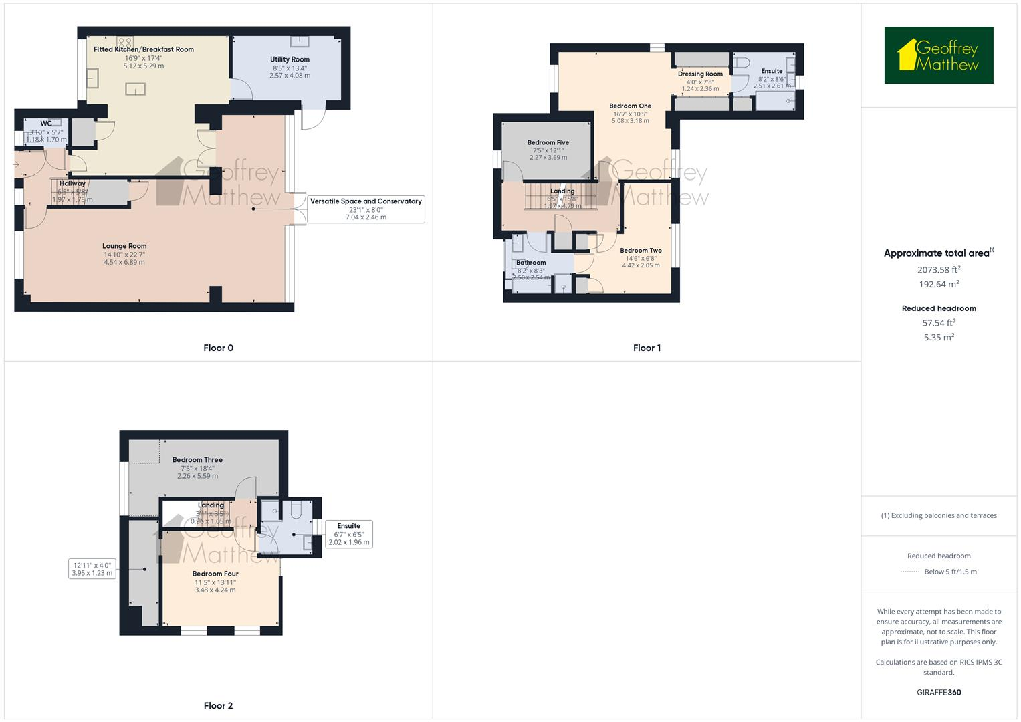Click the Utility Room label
(x=290, y=59)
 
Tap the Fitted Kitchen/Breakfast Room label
(x=144, y=49)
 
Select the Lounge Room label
(x=124, y=246)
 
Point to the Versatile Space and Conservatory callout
(x=366, y=209)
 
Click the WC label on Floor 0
(x=46, y=124)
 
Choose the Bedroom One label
(x=630, y=106)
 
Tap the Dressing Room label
(x=700, y=74)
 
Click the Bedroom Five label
(x=548, y=142)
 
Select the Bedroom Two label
(x=641, y=251)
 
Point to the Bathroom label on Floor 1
(x=531, y=263)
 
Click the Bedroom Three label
(x=197, y=460)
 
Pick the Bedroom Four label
(x=215, y=574)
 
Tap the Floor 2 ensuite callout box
(x=348, y=534)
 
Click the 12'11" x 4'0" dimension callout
(x=92, y=568)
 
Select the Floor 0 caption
(x=218, y=348)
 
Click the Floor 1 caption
(x=647, y=348)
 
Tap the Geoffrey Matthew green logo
(x=939, y=55)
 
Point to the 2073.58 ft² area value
(x=939, y=270)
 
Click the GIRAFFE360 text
(x=939, y=693)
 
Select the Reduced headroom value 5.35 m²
(x=939, y=338)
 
